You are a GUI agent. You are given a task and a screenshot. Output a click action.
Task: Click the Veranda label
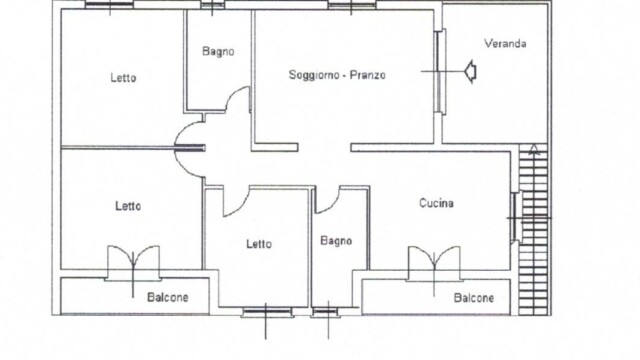pyautogui.click(x=505, y=43)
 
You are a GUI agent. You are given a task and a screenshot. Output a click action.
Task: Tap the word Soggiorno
pyautogui.click(x=314, y=75)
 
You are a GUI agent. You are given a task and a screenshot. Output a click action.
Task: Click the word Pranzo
pyautogui.click(x=368, y=75)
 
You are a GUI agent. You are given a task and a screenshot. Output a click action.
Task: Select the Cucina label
pyautogui.click(x=436, y=203)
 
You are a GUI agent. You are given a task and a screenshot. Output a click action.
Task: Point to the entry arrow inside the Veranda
pyautogui.click(x=471, y=71)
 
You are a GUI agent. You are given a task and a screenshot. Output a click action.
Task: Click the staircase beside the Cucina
pyautogui.click(x=533, y=231)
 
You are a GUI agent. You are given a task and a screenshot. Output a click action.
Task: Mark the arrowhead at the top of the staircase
pyautogui.click(x=533, y=149)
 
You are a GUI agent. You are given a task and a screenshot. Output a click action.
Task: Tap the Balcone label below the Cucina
pyautogui.click(x=474, y=298)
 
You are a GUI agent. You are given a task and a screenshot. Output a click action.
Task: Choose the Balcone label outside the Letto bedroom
pyautogui.click(x=168, y=297)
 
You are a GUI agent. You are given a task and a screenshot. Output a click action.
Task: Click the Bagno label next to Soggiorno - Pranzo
pyautogui.click(x=218, y=51)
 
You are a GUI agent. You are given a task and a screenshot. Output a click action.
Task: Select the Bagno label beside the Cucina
pyautogui.click(x=336, y=241)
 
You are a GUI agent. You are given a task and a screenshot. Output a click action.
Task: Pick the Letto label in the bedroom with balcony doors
pyautogui.click(x=128, y=206)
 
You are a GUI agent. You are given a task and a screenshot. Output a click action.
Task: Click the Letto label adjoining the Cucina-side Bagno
pyautogui.click(x=259, y=244)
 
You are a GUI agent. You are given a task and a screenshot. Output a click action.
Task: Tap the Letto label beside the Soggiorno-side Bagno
pyautogui.click(x=123, y=78)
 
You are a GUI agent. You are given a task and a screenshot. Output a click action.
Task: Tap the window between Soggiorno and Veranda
pyautogui.click(x=440, y=71)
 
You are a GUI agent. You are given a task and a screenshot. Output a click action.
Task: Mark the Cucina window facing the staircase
pyautogui.click(x=514, y=217)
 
